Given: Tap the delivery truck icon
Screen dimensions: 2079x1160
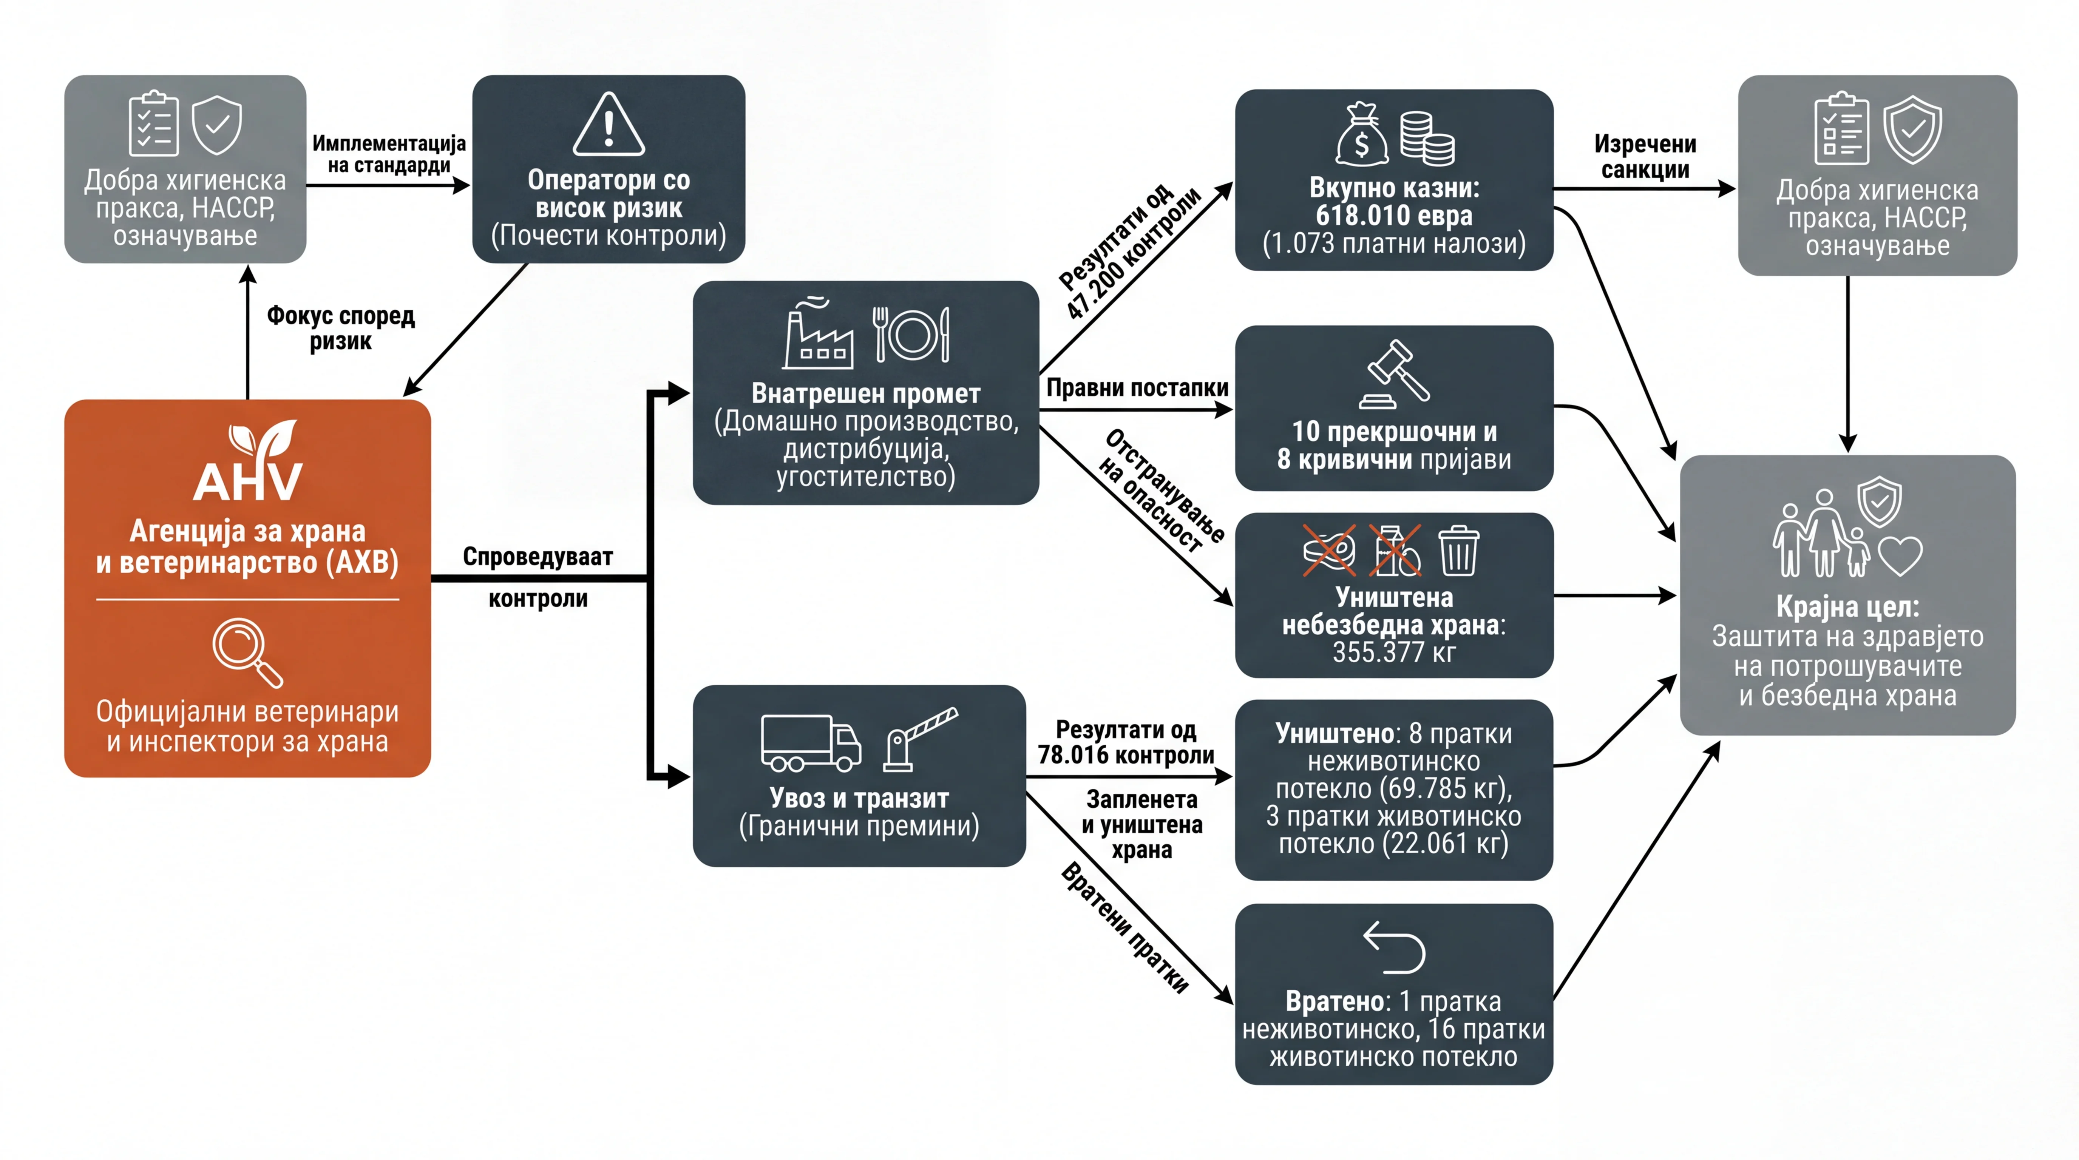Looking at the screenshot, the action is [810, 742].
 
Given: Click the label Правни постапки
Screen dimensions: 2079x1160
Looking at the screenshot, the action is [1137, 388].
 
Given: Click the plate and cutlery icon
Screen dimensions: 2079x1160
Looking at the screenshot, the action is [911, 334].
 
